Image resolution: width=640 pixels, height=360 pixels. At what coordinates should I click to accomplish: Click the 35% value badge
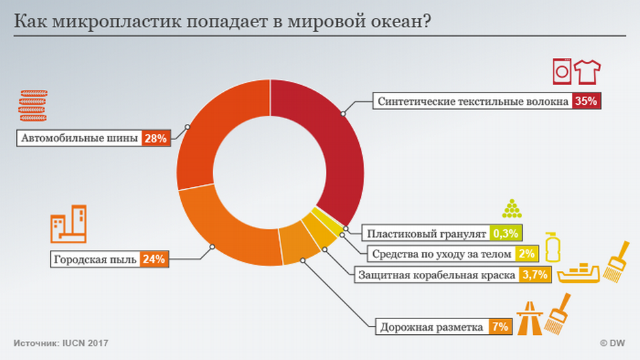[x=586, y=101]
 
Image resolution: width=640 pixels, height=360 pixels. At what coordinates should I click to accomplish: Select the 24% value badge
[x=153, y=259]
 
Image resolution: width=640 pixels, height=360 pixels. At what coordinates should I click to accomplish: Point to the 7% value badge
[x=499, y=326]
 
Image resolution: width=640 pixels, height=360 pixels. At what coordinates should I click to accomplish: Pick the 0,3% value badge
[x=505, y=233]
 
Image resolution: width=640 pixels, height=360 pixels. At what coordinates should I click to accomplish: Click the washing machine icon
[x=562, y=70]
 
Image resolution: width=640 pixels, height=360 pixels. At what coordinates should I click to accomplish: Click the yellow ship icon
[x=579, y=272]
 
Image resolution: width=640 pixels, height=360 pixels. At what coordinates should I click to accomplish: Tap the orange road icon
[x=528, y=318]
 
